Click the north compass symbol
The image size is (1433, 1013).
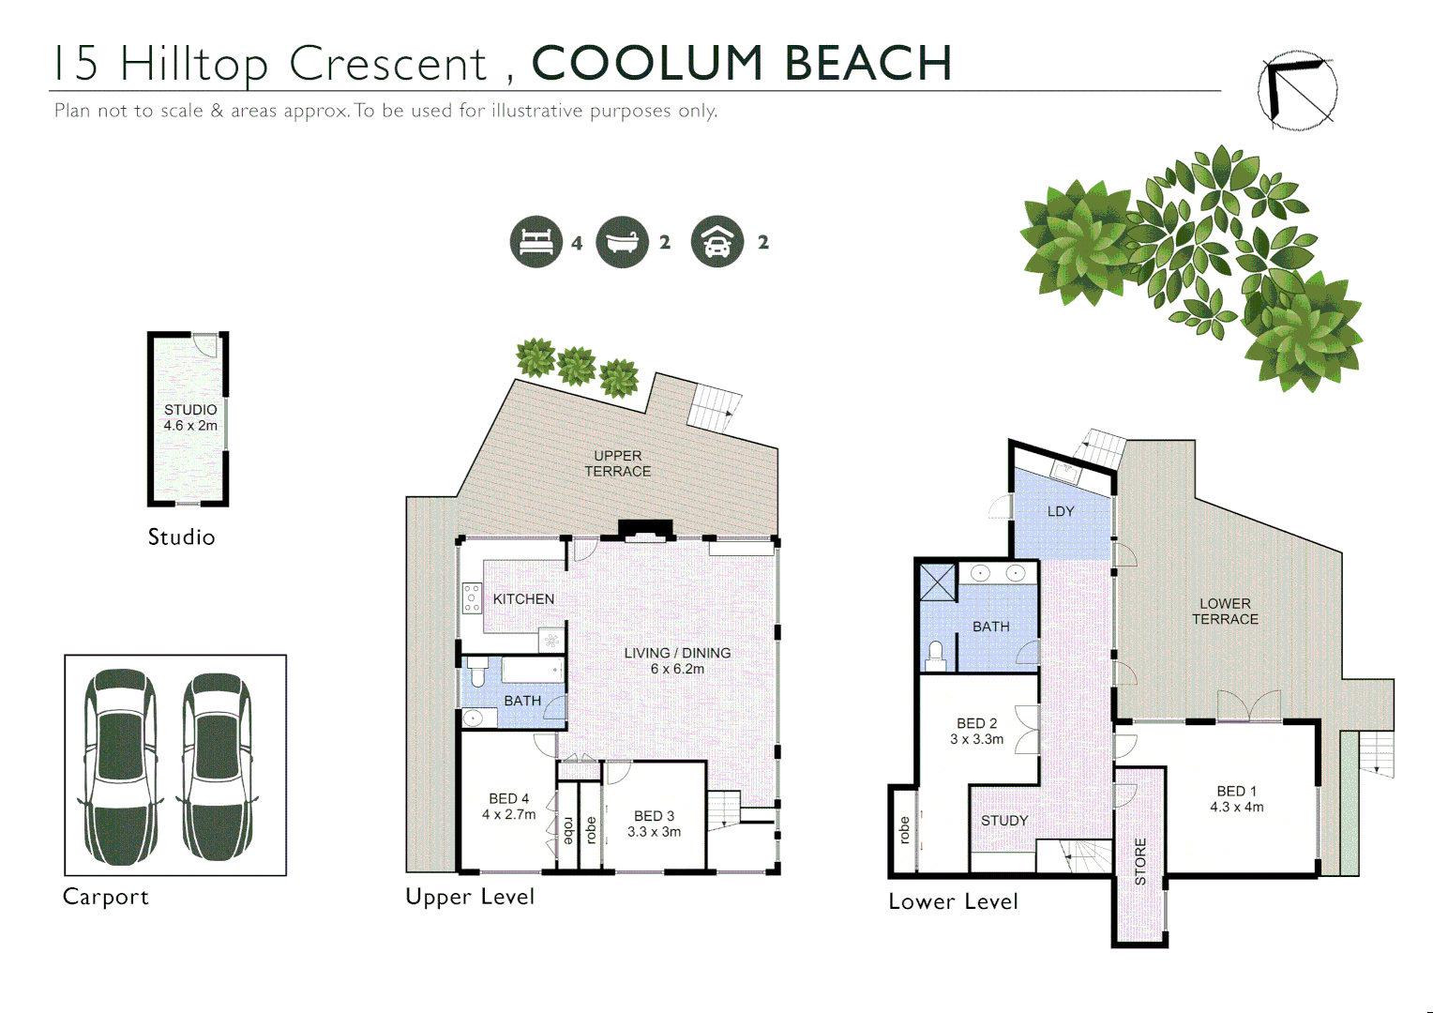[x=1297, y=90]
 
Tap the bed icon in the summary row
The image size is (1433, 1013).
[x=535, y=242]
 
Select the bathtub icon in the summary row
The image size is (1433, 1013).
[x=622, y=242]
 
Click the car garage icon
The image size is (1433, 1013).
[x=716, y=242]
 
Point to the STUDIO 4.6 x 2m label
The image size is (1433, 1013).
[x=190, y=417]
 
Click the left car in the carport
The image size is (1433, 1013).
[x=120, y=765]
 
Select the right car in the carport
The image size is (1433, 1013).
[x=217, y=765]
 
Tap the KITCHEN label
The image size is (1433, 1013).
[x=523, y=599]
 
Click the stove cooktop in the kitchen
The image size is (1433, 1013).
[x=472, y=598]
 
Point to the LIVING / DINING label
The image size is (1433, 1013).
[x=677, y=660]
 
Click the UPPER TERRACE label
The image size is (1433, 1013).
[x=617, y=463]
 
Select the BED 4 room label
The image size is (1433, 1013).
[x=508, y=807]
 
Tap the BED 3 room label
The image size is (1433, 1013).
[x=654, y=824]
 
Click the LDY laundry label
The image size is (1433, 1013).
[x=1061, y=511]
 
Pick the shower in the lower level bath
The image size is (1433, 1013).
[x=937, y=582]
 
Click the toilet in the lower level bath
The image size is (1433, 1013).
[x=935, y=654]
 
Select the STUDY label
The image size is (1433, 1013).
[x=1004, y=821]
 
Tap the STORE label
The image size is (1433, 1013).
[x=1140, y=861]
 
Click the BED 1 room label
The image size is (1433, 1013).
[x=1236, y=799]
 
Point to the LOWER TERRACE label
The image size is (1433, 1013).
[x=1225, y=612]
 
